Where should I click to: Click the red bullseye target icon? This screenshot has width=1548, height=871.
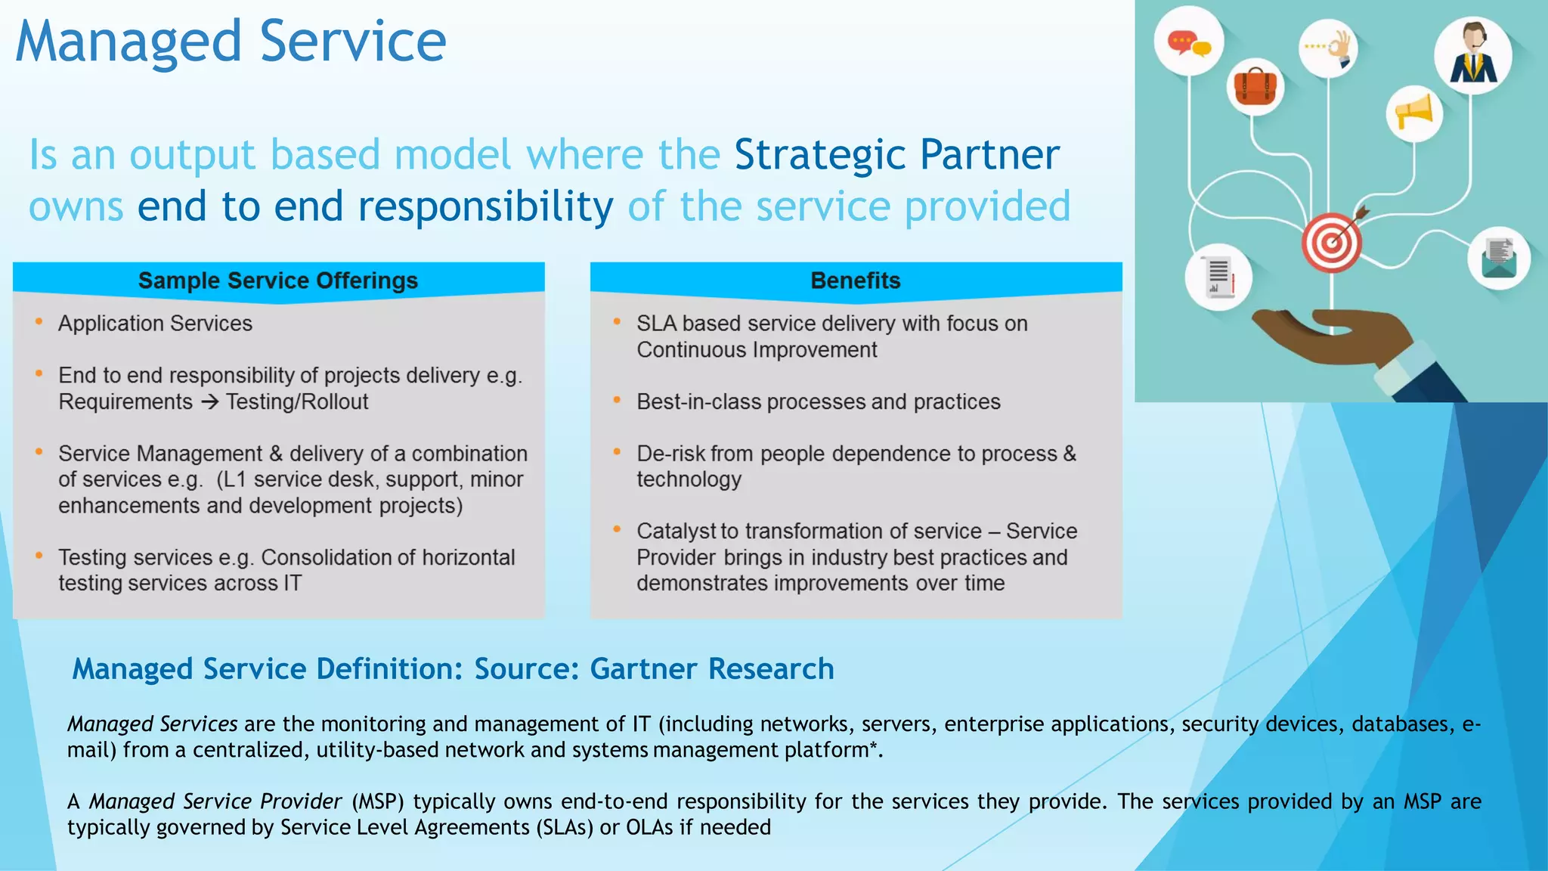coord(1331,243)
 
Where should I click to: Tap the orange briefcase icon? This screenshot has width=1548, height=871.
coord(1255,85)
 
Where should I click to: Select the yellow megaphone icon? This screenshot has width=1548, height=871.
coord(1414,113)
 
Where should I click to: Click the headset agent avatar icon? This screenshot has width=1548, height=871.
coord(1472,54)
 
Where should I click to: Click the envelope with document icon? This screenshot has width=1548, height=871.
coord(1500,258)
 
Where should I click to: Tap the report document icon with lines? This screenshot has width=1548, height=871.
coord(1218,277)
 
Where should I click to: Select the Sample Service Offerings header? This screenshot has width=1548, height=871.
coord(278,281)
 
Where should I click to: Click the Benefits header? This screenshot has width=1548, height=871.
coord(856,281)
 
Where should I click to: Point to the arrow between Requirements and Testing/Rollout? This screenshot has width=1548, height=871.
coord(209,402)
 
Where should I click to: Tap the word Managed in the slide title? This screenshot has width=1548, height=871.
coord(128,42)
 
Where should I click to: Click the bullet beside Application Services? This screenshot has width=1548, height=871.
coord(39,322)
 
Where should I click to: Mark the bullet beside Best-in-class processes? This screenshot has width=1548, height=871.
coord(618,400)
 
